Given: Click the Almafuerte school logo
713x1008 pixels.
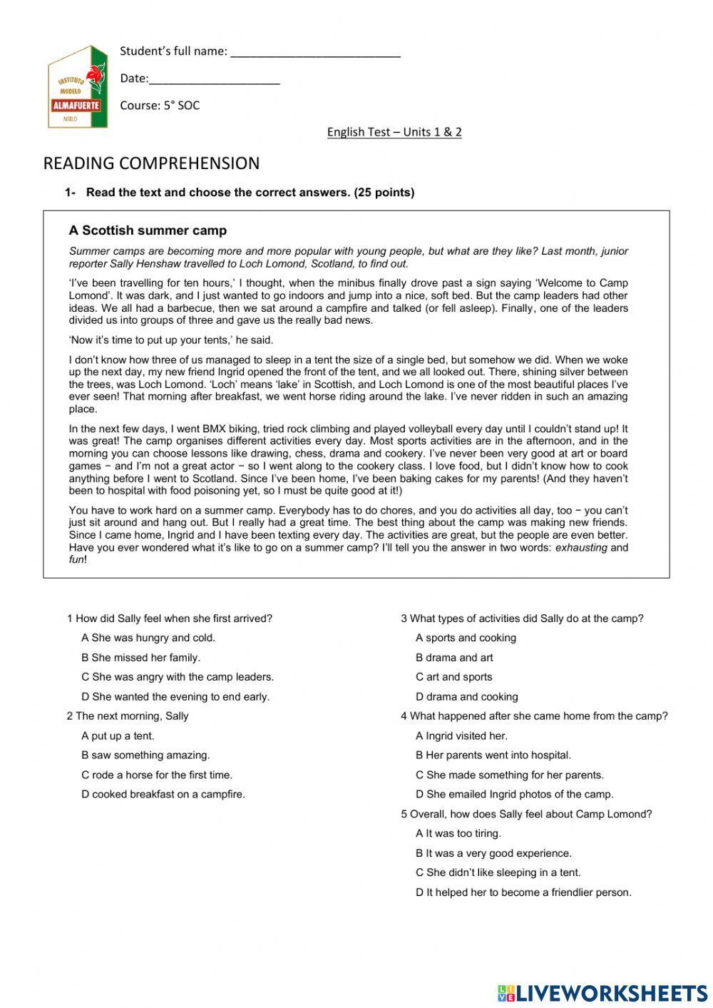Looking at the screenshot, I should (x=77, y=88).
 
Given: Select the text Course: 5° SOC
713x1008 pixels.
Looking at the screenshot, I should (x=160, y=106).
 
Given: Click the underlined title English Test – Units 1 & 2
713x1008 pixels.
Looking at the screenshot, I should (x=394, y=132).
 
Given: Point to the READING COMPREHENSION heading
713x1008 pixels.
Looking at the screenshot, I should (x=151, y=163).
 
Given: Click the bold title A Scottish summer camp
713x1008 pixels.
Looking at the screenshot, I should (x=148, y=230).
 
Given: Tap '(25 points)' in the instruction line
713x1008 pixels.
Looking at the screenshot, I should (x=384, y=193).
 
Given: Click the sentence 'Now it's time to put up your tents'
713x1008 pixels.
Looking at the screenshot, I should (x=171, y=340).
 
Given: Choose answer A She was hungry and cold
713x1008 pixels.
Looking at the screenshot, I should (x=148, y=638).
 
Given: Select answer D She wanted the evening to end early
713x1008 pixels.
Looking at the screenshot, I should (x=175, y=697).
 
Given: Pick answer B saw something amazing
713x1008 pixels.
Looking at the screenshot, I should (x=145, y=755).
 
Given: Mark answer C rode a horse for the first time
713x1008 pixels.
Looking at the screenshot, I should (x=157, y=775).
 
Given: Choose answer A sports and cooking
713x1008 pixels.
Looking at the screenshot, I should (x=466, y=638).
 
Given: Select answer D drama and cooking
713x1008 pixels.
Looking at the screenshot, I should (x=467, y=697).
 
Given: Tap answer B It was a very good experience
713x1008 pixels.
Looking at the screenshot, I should (x=493, y=853).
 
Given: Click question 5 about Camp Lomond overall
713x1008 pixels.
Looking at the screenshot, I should (x=526, y=814).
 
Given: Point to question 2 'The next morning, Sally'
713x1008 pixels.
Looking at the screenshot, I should (x=128, y=716).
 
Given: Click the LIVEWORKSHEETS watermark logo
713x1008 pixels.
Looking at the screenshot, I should (x=602, y=993).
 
